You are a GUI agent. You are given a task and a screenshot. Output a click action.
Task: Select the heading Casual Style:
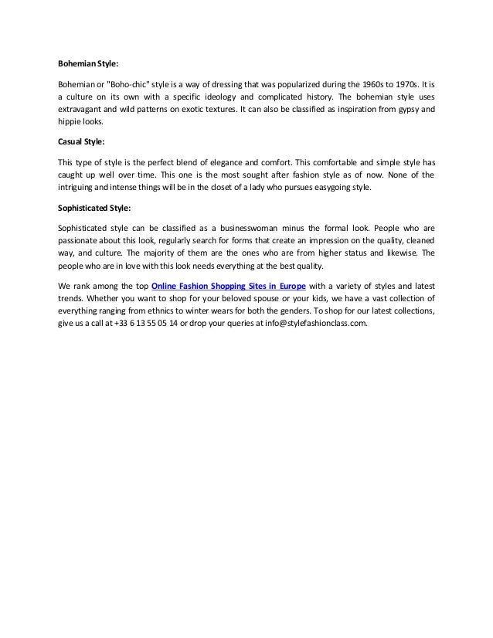(x=82, y=142)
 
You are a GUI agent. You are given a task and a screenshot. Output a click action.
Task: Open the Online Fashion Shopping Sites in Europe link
(x=229, y=283)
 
